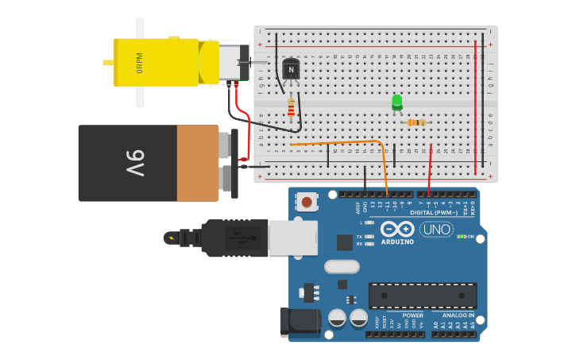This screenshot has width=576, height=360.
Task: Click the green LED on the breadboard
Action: [397, 102]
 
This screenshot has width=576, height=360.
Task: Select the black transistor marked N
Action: [292, 70]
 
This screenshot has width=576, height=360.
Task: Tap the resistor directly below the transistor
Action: [291, 107]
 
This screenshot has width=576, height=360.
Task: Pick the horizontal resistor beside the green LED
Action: [416, 122]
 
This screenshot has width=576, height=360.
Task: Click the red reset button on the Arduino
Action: [307, 202]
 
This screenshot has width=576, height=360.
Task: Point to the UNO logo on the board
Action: [436, 229]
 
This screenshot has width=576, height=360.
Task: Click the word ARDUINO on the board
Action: [397, 242]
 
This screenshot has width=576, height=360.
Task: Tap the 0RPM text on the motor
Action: [140, 62]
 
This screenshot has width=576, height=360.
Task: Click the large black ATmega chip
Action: [423, 296]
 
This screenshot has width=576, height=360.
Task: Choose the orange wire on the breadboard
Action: [342, 142]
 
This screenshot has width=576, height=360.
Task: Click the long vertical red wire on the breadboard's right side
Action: [476, 107]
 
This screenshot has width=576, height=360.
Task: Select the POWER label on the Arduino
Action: [413, 315]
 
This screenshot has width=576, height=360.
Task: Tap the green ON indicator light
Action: [462, 236]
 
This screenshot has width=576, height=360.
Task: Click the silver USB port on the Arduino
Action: [292, 238]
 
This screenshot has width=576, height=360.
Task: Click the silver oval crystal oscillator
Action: [342, 266]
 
